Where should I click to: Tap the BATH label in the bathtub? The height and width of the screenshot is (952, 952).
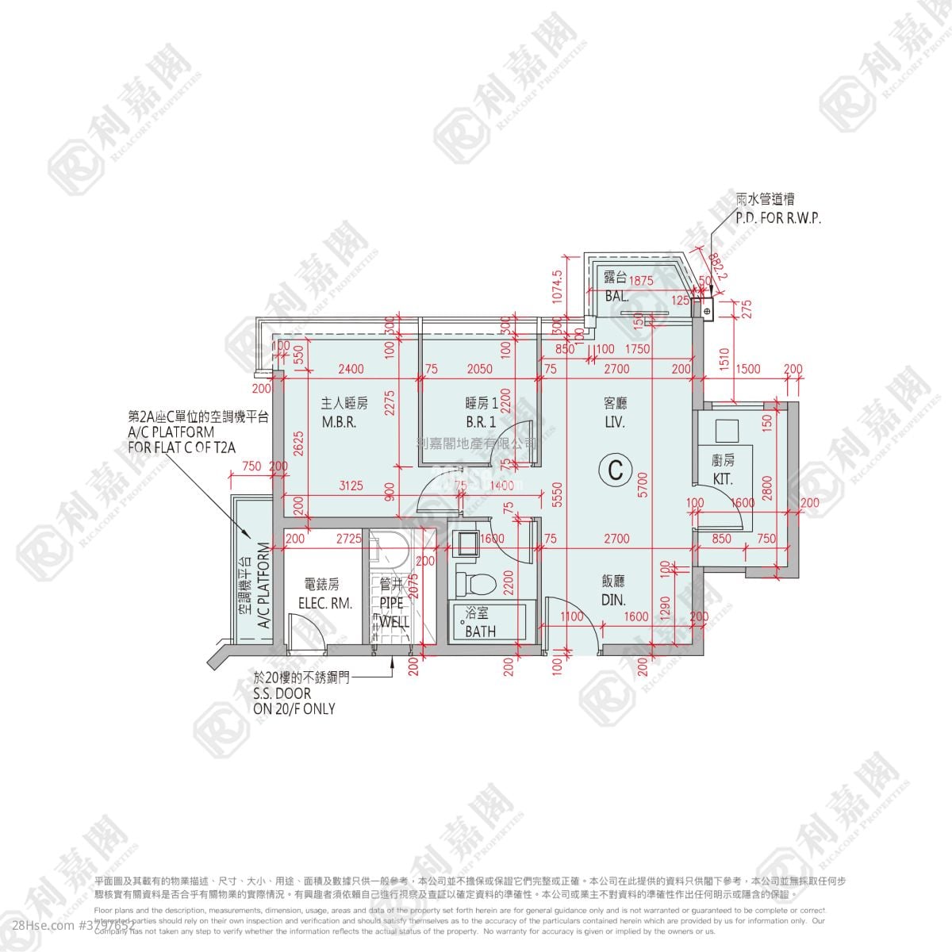click(480, 631)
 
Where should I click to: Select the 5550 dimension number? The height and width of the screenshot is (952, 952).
click(558, 495)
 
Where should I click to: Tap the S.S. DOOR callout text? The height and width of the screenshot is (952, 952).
click(282, 694)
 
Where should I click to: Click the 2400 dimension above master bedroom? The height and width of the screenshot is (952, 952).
click(350, 369)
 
